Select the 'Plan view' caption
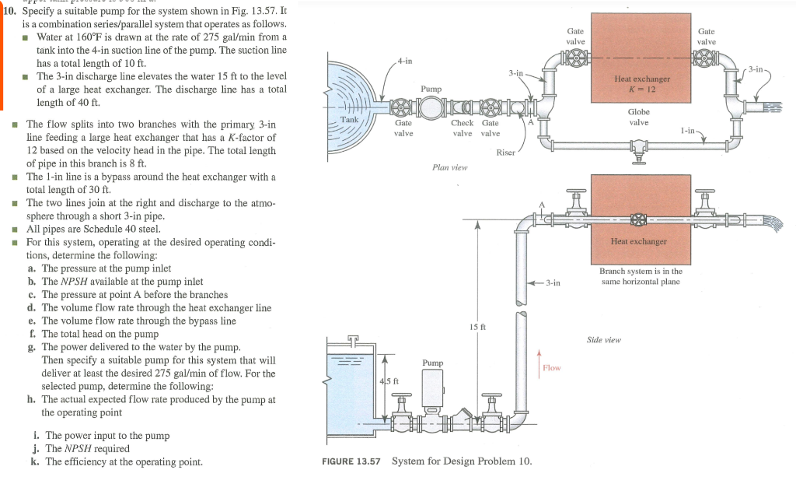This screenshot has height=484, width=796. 449,167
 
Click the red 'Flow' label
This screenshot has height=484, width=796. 551,367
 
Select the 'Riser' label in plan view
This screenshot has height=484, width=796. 505,153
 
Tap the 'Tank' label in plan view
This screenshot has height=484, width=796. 350,119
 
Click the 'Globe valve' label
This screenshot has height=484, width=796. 638,117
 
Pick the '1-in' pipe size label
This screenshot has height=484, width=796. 687,132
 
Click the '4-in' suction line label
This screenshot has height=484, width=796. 404,60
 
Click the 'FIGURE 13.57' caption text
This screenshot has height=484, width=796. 351,461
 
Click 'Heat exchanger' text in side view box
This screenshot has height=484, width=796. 639,241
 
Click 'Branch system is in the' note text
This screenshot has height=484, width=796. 641,271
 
